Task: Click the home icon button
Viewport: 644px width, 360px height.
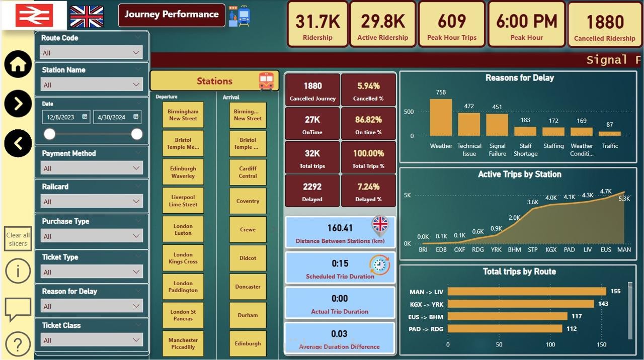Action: (x=18, y=64)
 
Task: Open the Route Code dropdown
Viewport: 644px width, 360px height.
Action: (x=92, y=52)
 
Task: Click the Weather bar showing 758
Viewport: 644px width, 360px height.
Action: (x=441, y=117)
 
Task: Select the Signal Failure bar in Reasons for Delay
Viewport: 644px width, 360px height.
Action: (x=497, y=125)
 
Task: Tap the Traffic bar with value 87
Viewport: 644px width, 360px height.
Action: (x=610, y=134)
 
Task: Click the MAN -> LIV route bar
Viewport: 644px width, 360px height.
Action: (x=527, y=291)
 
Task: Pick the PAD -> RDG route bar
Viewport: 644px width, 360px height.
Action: (x=505, y=328)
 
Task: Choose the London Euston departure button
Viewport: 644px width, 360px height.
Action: (x=183, y=229)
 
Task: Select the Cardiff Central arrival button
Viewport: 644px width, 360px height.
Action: (x=248, y=172)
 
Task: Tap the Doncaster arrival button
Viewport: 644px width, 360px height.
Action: (x=248, y=287)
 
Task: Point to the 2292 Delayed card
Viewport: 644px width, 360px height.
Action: (x=312, y=191)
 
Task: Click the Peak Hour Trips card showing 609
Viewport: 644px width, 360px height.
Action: (x=451, y=24)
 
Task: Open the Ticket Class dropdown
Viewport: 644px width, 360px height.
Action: (x=92, y=340)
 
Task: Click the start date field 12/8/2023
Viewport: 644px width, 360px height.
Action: (x=66, y=117)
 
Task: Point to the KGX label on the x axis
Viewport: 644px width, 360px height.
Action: (x=551, y=249)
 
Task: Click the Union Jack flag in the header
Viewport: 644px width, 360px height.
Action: (x=87, y=17)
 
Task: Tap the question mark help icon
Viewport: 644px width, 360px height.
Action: (x=18, y=344)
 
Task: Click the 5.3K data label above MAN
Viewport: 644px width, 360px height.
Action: (x=624, y=199)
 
